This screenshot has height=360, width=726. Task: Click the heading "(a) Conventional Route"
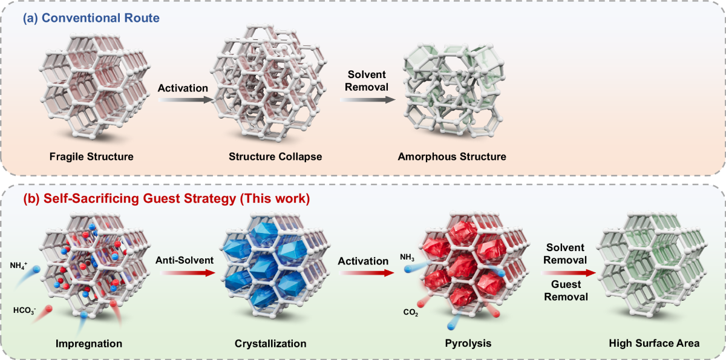(x=91, y=18)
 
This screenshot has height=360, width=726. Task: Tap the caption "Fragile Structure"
(x=93, y=157)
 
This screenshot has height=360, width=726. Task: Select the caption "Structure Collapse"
(x=275, y=157)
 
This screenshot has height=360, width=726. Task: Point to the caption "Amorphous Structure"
(x=451, y=157)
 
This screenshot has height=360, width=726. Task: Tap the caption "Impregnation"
(x=89, y=343)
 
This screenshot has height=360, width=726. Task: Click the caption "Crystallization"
(x=270, y=343)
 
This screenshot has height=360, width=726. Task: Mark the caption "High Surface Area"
(x=654, y=343)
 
